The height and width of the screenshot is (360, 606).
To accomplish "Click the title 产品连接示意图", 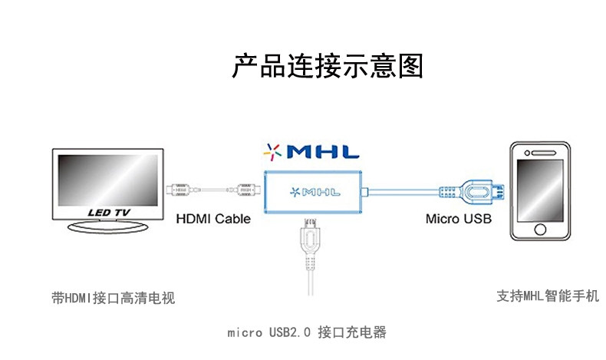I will click(328, 66).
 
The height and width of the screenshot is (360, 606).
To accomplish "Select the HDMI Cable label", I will click(213, 219).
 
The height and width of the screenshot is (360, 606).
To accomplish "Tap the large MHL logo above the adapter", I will click(311, 151).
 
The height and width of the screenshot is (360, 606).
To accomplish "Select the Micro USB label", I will click(459, 219).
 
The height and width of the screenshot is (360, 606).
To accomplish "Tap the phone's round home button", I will click(541, 229).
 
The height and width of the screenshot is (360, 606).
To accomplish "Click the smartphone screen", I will click(541, 188).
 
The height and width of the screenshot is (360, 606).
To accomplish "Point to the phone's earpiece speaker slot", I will click(541, 151).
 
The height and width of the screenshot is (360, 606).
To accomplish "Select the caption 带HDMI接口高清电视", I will click(113, 298).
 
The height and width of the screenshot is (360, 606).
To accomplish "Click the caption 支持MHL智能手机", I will click(547, 296).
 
